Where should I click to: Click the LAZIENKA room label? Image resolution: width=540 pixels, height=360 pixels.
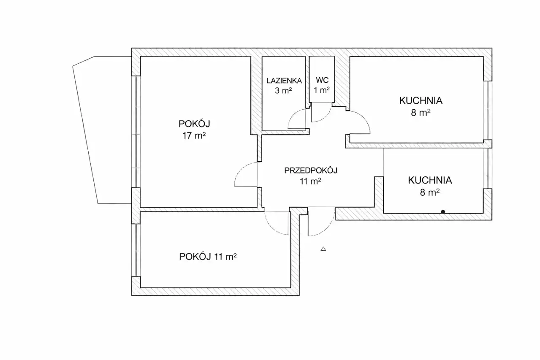click(x=284, y=81)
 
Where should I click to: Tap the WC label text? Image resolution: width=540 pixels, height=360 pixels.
click(x=322, y=80)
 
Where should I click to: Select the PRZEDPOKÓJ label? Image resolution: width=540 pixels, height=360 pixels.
click(x=311, y=171)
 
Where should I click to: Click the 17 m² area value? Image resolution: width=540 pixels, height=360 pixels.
click(x=194, y=135)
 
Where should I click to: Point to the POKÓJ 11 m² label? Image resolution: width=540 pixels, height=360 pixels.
click(x=208, y=257)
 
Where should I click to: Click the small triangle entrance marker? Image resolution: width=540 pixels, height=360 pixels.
click(x=323, y=249)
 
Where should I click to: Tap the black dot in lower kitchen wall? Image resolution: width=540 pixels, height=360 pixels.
click(x=443, y=212)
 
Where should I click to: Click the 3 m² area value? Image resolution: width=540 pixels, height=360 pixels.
click(x=283, y=91)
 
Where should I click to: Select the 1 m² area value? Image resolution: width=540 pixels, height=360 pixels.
click(x=322, y=90)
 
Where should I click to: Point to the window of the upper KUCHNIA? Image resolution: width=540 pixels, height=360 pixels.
click(x=488, y=110)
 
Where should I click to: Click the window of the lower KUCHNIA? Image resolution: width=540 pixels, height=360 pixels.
click(x=488, y=168)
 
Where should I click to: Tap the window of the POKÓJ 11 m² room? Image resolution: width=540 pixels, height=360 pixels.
click(x=136, y=250)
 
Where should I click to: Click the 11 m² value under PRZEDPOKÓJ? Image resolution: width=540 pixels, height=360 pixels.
click(x=310, y=181)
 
